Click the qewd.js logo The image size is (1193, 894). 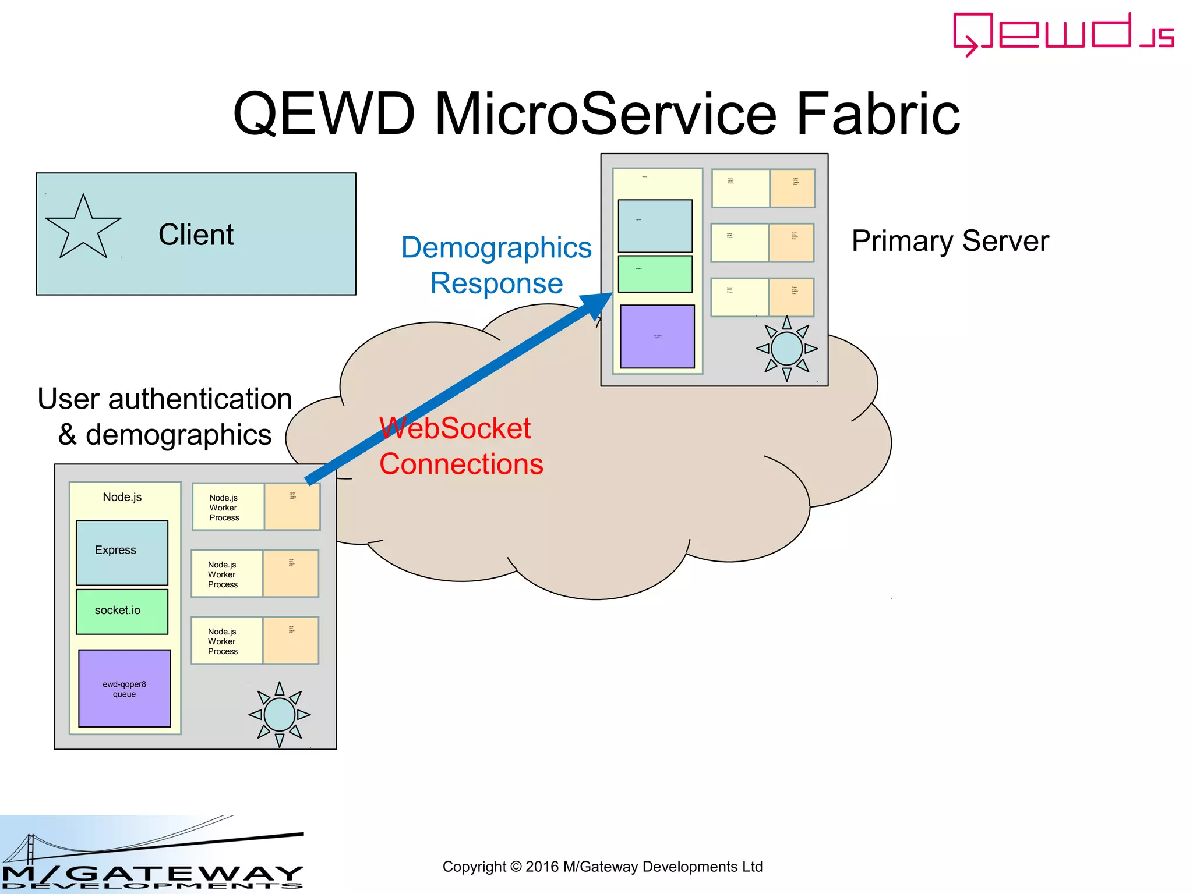pyautogui.click(x=1063, y=34)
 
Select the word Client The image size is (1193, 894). pyautogui.click(x=196, y=235)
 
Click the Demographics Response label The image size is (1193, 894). pyautogui.click(x=496, y=265)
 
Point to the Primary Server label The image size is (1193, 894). pyautogui.click(x=950, y=241)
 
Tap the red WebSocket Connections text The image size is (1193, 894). pyautogui.click(x=460, y=446)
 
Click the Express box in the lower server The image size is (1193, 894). pyautogui.click(x=122, y=552)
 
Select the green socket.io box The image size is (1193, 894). pyautogui.click(x=122, y=611)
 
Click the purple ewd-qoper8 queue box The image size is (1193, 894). pyautogui.click(x=124, y=689)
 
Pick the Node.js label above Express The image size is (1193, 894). pyautogui.click(x=122, y=497)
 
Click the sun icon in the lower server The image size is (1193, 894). pyautogui.click(x=279, y=714)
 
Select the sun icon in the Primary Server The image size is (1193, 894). pyautogui.click(x=786, y=348)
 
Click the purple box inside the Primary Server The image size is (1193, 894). pyautogui.click(x=657, y=336)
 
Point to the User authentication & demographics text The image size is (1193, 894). pyautogui.click(x=165, y=417)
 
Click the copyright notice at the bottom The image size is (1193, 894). pyautogui.click(x=602, y=867)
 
